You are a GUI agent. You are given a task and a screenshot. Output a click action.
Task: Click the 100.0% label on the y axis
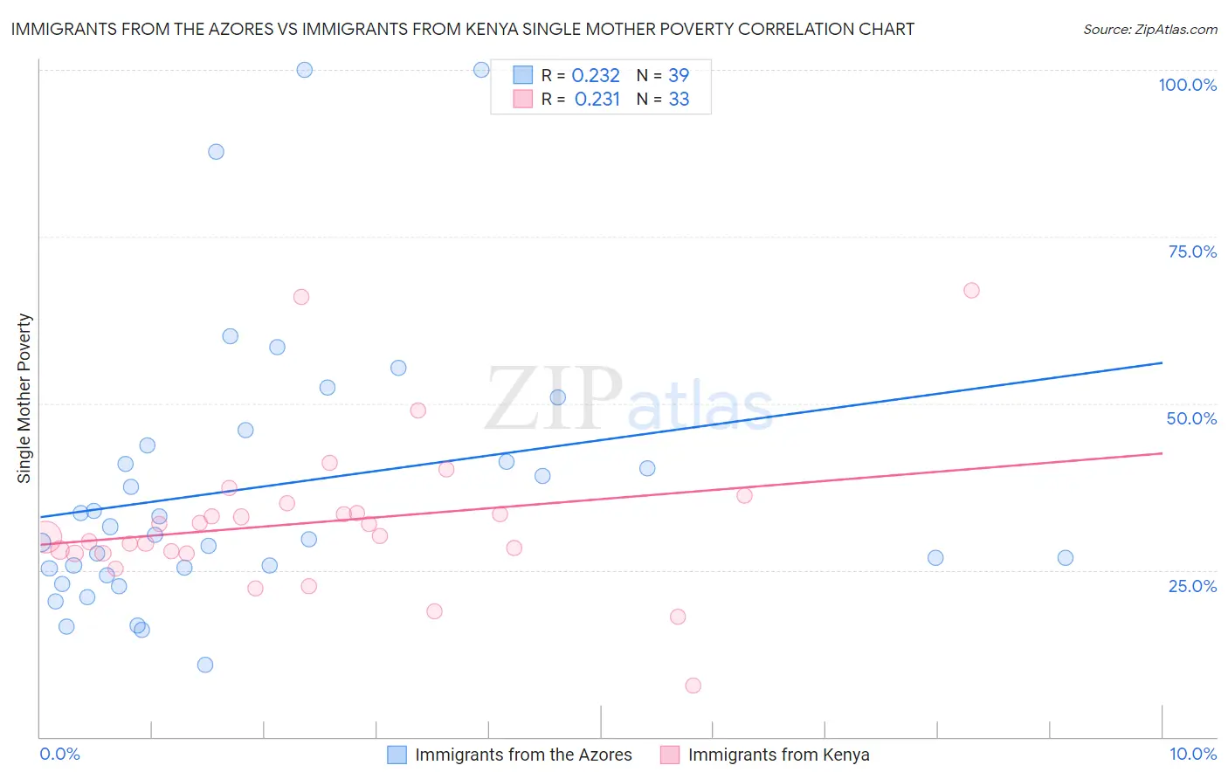coord(1187,85)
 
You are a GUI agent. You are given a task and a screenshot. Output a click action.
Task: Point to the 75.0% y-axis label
coord(1192,252)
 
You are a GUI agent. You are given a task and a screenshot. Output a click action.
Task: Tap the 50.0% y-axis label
coord(1191,418)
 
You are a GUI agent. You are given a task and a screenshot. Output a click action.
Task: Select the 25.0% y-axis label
coord(1192,585)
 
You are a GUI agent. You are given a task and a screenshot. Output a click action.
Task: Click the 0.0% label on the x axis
coord(59,754)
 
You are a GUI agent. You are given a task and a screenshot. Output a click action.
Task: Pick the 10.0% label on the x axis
coord(1192,754)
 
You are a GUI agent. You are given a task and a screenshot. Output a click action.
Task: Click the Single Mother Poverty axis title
coord(24,398)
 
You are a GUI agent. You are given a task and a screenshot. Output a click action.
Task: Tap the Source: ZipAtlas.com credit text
coord(1149,30)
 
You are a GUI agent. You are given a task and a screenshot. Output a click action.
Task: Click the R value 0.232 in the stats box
coord(596,76)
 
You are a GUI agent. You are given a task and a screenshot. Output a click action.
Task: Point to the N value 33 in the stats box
coord(679,100)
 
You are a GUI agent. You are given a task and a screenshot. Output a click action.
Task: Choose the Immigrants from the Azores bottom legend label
coord(523,755)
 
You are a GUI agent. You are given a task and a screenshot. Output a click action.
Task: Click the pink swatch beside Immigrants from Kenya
coord(670,755)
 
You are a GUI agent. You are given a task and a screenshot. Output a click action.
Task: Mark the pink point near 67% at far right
coord(971,291)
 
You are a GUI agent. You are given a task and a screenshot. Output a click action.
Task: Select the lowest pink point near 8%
coord(693,686)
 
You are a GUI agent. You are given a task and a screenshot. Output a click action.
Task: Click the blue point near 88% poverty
coord(216,152)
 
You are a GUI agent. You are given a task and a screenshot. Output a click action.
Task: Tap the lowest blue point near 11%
coord(205,665)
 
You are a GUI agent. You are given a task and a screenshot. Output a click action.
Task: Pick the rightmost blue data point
coord(1065,558)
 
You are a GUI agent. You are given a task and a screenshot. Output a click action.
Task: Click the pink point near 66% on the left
coord(301,297)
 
